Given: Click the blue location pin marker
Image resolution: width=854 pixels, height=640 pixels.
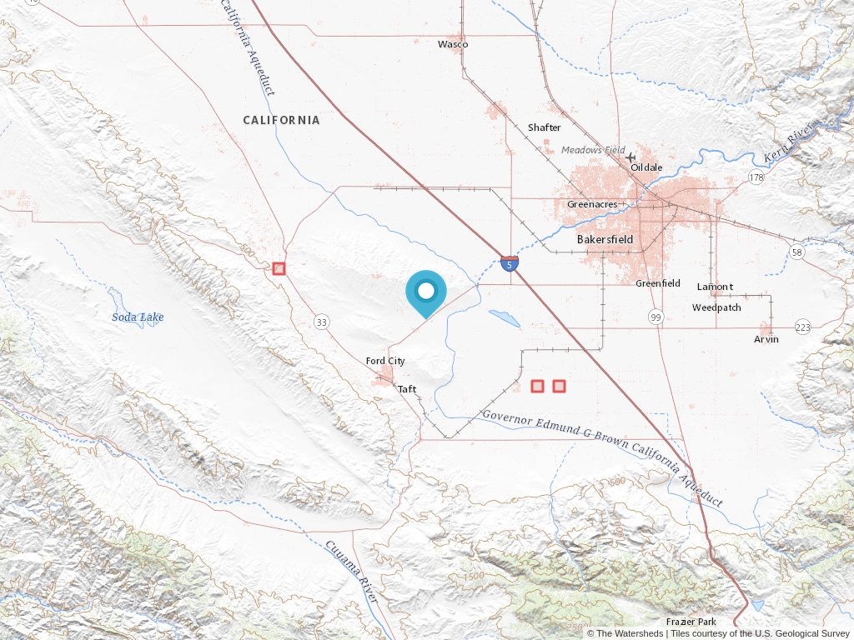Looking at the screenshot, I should tap(426, 292).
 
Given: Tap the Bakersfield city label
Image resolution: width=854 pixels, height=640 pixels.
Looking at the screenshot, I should tap(605, 239).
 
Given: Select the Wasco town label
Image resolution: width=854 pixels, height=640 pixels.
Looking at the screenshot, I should tap(453, 44).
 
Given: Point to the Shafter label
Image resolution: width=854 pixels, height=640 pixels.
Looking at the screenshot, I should tap(544, 127).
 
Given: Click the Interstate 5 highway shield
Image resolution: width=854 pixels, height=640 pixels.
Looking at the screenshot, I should tap(509, 264).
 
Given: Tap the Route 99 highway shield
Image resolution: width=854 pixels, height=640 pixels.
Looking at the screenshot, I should tap(656, 317).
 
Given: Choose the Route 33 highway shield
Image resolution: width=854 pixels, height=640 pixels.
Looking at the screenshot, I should tap(321, 321).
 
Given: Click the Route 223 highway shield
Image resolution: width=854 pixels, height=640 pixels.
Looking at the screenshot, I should tap(802, 327).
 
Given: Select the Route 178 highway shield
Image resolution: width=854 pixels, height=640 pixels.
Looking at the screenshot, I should tap(756, 177).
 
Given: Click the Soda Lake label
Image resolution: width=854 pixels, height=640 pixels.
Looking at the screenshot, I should tap(138, 317).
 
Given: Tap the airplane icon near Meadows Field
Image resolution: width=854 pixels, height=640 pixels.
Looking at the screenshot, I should tap(630, 157).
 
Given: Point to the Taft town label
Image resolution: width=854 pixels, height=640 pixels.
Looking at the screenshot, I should tap(407, 389).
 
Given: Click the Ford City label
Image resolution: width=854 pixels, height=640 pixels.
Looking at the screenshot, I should tap(385, 361).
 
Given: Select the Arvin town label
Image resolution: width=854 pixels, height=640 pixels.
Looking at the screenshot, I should tap(766, 339).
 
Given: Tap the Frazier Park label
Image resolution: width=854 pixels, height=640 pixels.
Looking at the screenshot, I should tap(691, 622).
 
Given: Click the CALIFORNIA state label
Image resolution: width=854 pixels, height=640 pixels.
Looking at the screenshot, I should tap(281, 120).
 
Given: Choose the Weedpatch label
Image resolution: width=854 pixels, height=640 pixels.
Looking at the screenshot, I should tap(716, 307).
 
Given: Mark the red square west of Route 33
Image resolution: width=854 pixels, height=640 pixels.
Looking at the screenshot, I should tap(279, 268).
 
